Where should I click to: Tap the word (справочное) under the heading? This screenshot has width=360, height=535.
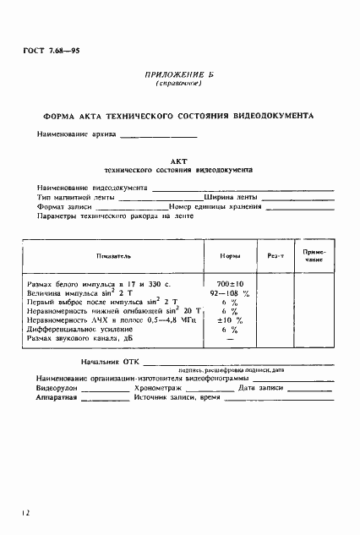(x=179, y=85)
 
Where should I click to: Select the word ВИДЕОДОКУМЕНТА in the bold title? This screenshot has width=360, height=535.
(x=272, y=113)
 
